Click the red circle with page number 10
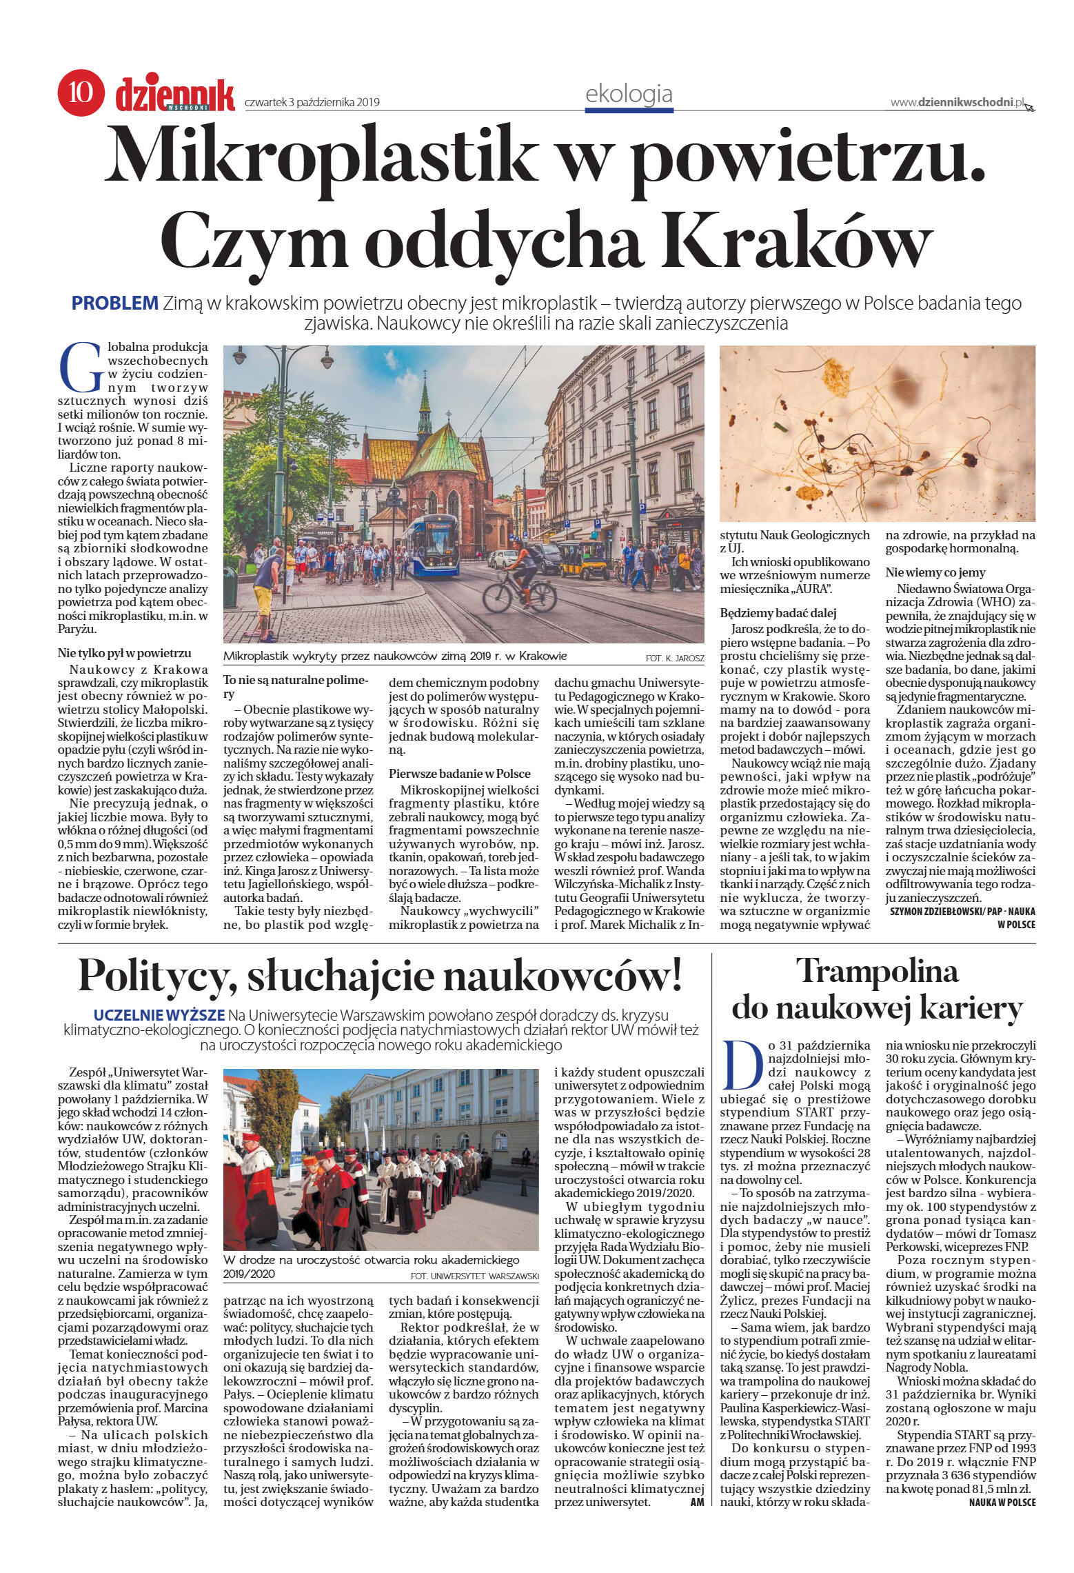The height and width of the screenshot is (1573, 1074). point(81,92)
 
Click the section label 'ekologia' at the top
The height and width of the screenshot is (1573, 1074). point(628,93)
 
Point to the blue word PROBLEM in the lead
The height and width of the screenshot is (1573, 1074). point(115,303)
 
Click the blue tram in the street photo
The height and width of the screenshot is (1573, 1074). point(432,544)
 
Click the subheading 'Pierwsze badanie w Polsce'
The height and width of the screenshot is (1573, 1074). point(459,773)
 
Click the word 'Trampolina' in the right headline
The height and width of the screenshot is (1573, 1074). point(878,972)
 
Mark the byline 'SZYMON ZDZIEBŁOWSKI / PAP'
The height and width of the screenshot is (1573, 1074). point(947,911)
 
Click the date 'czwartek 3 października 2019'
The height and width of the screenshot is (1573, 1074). point(312,103)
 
